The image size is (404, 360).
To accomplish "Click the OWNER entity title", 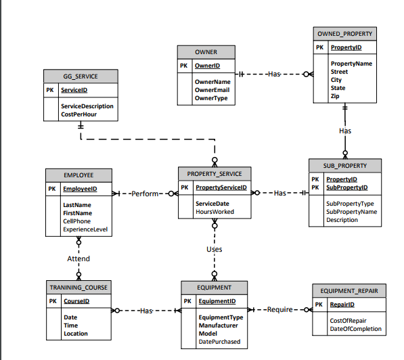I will [206, 52].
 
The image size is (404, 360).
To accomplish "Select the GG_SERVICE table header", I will [79, 77].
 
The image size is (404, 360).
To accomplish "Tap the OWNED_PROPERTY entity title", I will [344, 33].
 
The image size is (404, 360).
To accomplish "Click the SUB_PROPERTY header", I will [344, 165].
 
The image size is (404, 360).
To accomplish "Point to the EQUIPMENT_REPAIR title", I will [349, 291].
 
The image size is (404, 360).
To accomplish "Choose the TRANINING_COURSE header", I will [78, 287].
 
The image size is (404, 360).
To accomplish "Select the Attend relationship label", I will [78, 258].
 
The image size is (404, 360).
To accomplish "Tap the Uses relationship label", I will [214, 249].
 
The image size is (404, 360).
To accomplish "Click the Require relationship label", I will [279, 309].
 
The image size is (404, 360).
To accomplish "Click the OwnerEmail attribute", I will [212, 89].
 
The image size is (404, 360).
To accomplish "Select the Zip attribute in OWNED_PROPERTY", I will [334, 96].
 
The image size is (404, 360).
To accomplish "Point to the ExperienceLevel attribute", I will [86, 229].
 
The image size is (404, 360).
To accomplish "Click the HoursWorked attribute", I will [215, 212].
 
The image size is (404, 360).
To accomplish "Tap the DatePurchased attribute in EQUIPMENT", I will [219, 342].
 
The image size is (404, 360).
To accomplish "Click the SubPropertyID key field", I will [346, 187].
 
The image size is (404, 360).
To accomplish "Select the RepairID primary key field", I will [342, 305].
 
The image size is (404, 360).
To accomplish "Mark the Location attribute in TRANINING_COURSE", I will [75, 334].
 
